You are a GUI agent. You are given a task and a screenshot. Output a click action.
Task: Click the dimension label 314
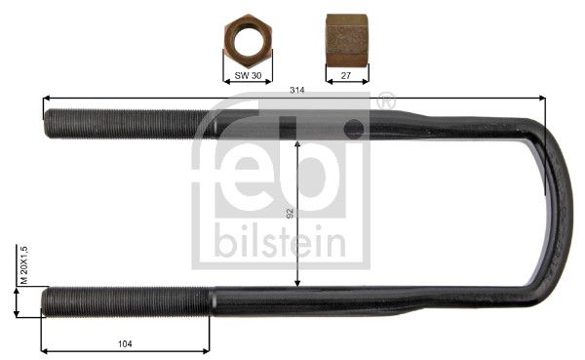pyautogui.click(x=297, y=90)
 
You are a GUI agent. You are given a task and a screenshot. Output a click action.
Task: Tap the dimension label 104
pyautogui.click(x=125, y=343)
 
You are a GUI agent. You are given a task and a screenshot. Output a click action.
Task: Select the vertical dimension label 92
pyautogui.click(x=290, y=214)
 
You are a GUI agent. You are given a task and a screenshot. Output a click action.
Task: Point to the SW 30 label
pyautogui.click(x=248, y=75)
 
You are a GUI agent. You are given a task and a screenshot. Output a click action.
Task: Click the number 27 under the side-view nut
pyautogui.click(x=346, y=75)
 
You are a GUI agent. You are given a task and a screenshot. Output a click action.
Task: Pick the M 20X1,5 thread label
pyautogui.click(x=24, y=265)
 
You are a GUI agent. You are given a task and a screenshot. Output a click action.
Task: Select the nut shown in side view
pyautogui.click(x=347, y=40)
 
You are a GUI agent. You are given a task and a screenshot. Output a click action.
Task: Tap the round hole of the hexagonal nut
pyautogui.click(x=248, y=40)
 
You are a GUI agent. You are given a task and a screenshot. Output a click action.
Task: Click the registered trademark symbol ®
pyautogui.click(x=386, y=100)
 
